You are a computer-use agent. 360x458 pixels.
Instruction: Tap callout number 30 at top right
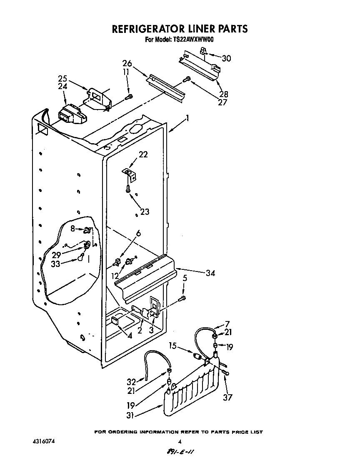[x=226, y=58]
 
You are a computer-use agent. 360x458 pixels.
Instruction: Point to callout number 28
[x=224, y=94]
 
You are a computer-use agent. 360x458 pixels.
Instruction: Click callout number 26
[x=127, y=64]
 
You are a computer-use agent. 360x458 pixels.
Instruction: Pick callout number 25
[x=62, y=78]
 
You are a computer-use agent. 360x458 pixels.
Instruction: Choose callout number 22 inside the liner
[x=143, y=154]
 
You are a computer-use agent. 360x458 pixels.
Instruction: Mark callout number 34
[x=210, y=273]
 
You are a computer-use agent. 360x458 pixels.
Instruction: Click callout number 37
[x=227, y=397]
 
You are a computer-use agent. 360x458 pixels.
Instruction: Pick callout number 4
[x=130, y=335]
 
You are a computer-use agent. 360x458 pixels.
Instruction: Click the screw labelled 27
[x=187, y=79]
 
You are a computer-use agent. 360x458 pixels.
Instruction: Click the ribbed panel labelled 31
[x=192, y=391]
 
